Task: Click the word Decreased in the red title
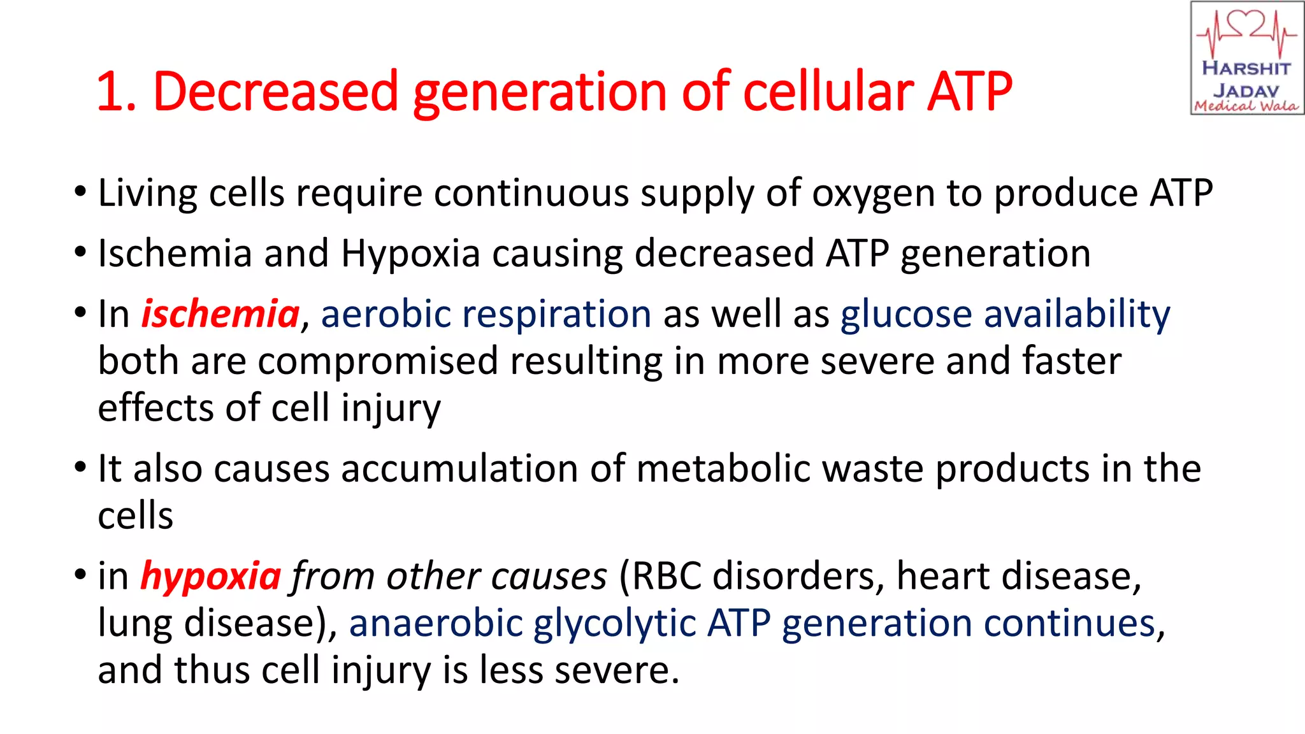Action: pyautogui.click(x=275, y=91)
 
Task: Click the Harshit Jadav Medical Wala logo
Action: pyautogui.click(x=1246, y=59)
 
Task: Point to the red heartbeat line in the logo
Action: pyautogui.click(x=1246, y=32)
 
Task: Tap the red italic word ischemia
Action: pyautogui.click(x=220, y=314)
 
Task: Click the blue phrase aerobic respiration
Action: pyautogui.click(x=486, y=314)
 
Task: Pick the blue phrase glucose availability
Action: pyautogui.click(x=1005, y=314)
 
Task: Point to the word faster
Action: pyautogui.click(x=1072, y=361)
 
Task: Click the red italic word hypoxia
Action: pyautogui.click(x=210, y=577)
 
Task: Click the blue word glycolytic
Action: pyautogui.click(x=614, y=623)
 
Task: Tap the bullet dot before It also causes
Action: pyautogui.click(x=80, y=467)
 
